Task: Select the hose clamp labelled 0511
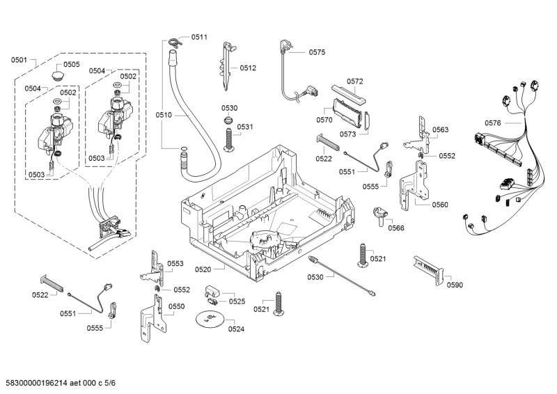pos(175,42)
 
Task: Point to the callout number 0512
pos(249,68)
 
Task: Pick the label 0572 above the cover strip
pos(355,81)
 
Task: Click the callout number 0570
pos(324,120)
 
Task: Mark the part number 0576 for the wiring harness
pos(492,123)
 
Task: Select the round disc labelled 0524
pos(209,319)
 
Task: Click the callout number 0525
pos(237,301)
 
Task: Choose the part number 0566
pos(396,228)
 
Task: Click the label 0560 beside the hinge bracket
pos(440,205)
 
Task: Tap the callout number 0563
pos(440,129)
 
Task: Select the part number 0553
pos(175,263)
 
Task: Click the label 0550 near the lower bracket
pos(176,306)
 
